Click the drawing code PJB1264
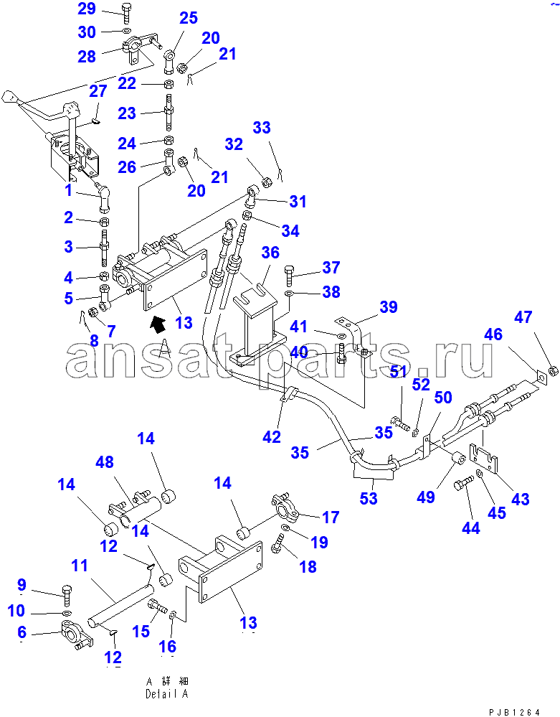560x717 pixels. tap(515, 711)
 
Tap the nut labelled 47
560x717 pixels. tap(554, 371)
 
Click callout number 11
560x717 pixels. tap(80, 566)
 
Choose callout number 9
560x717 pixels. tap(21, 584)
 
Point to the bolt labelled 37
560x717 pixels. tap(290, 274)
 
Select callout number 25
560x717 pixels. tap(188, 18)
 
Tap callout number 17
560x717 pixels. tap(330, 516)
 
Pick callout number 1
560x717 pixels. tap(68, 190)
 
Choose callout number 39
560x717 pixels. tap(388, 307)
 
